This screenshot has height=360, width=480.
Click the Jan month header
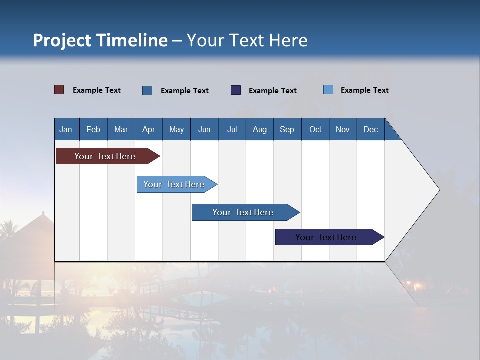(66, 129)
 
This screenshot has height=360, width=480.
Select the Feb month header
(93, 129)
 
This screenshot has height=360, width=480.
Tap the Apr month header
(148, 129)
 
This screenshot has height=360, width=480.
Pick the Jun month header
(204, 129)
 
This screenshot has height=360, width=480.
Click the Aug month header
(259, 129)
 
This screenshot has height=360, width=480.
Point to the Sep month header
(287, 129)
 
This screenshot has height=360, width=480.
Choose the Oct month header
(315, 129)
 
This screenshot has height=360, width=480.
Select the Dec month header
(370, 129)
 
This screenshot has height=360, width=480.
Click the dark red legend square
(59, 90)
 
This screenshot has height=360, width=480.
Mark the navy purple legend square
(236, 90)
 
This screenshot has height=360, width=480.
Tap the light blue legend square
(328, 90)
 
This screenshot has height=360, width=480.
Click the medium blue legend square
(147, 90)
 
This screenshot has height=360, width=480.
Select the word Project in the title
(62, 40)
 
